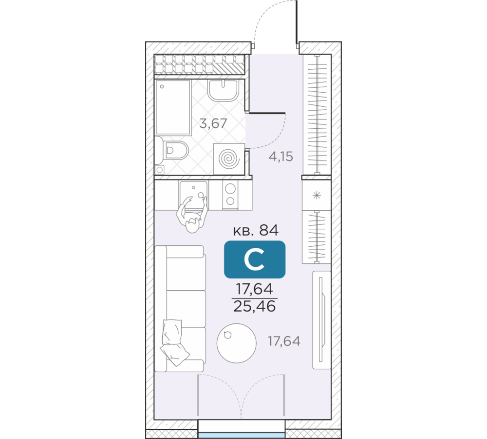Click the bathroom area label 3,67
(x=213, y=124)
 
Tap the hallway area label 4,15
(x=281, y=157)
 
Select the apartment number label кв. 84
(x=256, y=231)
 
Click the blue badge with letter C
(x=255, y=259)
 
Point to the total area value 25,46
(x=254, y=307)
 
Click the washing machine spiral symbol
(x=229, y=159)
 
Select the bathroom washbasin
(x=223, y=91)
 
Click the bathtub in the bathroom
(x=173, y=107)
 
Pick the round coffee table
(x=237, y=343)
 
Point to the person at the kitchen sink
(x=192, y=215)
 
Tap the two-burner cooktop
(x=230, y=195)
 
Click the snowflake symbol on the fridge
(x=317, y=196)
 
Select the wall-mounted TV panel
(x=321, y=320)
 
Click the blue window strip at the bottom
(x=242, y=435)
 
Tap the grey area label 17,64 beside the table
(x=284, y=341)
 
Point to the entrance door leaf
(x=297, y=22)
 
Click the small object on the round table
(x=227, y=335)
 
